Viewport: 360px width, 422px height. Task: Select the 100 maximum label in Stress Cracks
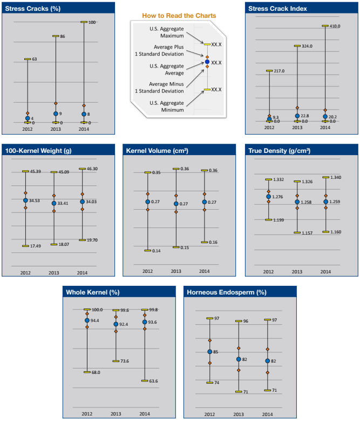pos(92,22)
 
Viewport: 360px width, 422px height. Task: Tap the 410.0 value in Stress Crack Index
pos(335,25)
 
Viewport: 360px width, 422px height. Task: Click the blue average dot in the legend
pos(206,62)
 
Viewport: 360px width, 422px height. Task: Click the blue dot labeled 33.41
pos(53,203)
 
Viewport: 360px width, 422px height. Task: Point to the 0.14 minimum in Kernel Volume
pos(157,251)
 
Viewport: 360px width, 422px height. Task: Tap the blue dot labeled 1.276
pos(268,197)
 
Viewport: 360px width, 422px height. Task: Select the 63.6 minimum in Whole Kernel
pos(153,381)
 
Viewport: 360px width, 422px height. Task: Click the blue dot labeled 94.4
pos(87,320)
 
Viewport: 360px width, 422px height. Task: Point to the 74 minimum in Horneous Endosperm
pos(216,383)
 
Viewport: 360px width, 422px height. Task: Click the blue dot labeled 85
pos(210,352)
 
